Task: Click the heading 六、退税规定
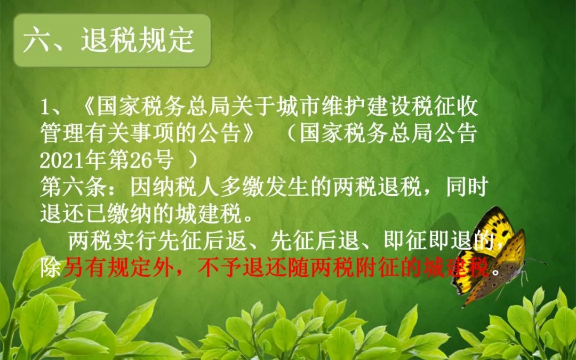point(109,40)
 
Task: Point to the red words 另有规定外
point(118,268)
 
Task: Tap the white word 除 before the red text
point(51,268)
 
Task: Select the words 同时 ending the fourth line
point(467,187)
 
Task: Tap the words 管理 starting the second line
point(62,134)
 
